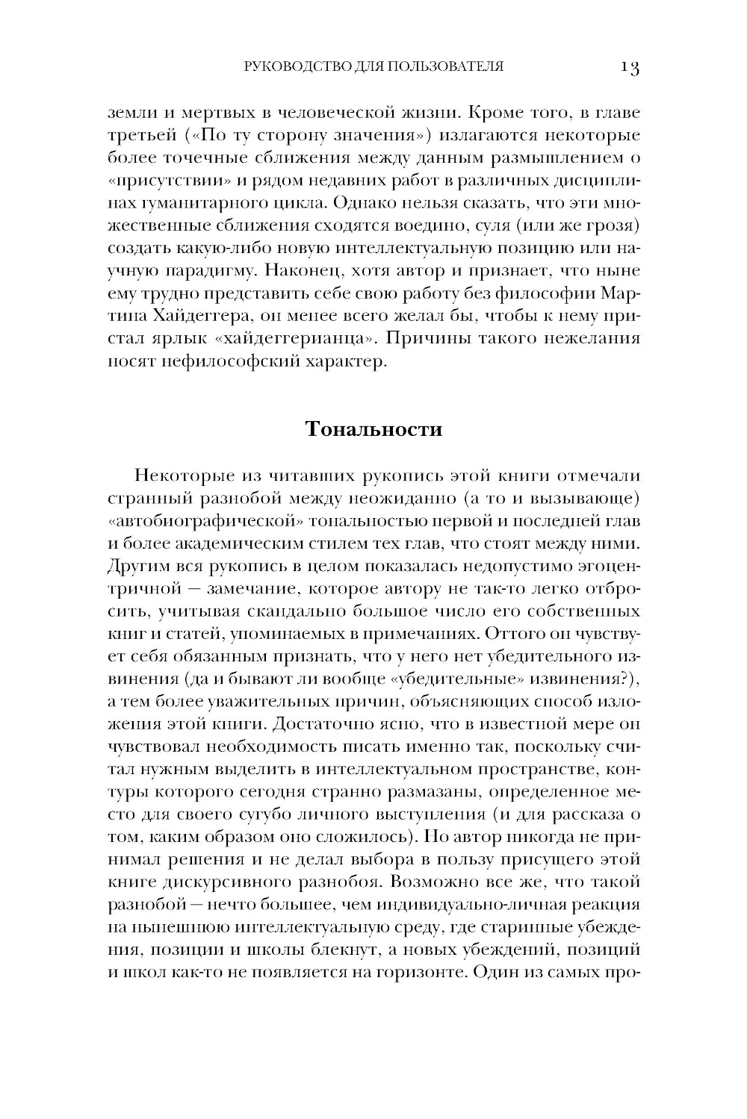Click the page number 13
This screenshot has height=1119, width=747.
(629, 68)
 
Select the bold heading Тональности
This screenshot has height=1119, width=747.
(373, 430)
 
